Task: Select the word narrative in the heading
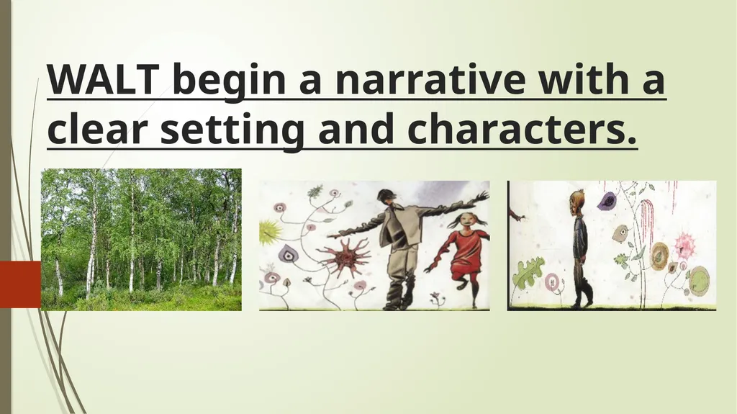(430, 78)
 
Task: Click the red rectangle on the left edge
(20, 284)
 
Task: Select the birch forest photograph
(141, 240)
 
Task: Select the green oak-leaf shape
(528, 273)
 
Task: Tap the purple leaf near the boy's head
(607, 200)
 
